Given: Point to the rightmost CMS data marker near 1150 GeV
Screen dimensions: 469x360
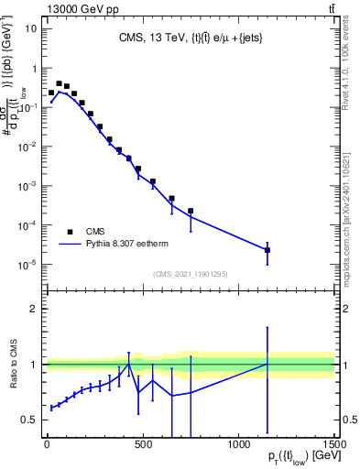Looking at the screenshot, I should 267,250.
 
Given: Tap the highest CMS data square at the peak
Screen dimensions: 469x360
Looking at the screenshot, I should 59,83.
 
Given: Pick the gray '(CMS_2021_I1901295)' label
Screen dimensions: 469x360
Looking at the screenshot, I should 190,274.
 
